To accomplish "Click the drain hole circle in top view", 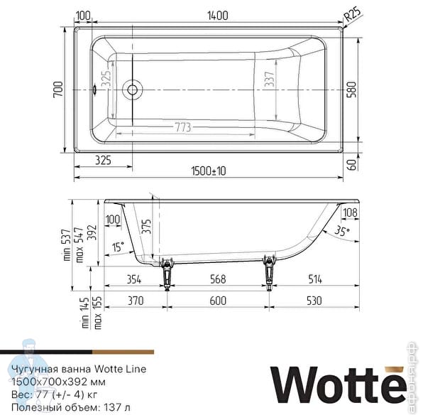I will pyautogui.click(x=131, y=90).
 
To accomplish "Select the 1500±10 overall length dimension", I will pyautogui.click(x=209, y=171).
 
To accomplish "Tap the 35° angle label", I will pyautogui.click(x=342, y=231).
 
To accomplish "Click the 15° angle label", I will pyautogui.click(x=118, y=247).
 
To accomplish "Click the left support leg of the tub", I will pyautogui.click(x=168, y=272).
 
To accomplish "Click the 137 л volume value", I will pyautogui.click(x=116, y=406).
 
